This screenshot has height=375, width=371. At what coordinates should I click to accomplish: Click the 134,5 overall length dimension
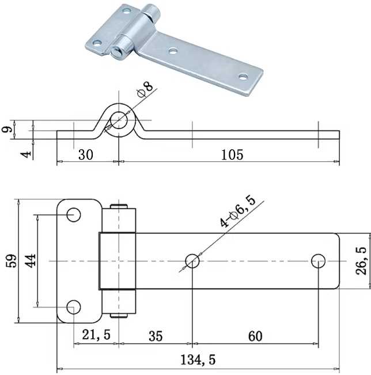(198, 359)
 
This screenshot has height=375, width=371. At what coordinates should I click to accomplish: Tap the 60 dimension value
(255, 336)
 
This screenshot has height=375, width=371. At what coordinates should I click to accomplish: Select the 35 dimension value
(156, 336)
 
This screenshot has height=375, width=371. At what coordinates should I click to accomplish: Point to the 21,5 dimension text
(96, 334)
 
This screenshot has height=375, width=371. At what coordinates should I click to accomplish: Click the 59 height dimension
(12, 260)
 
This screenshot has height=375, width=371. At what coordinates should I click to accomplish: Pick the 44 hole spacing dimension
(30, 261)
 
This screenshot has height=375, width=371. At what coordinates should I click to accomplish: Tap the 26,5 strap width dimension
(361, 261)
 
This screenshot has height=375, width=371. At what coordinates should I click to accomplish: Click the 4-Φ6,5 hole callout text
(237, 211)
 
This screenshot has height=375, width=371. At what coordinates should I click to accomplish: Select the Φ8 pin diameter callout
(145, 89)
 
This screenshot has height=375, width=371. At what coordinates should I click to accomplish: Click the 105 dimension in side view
(232, 155)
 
